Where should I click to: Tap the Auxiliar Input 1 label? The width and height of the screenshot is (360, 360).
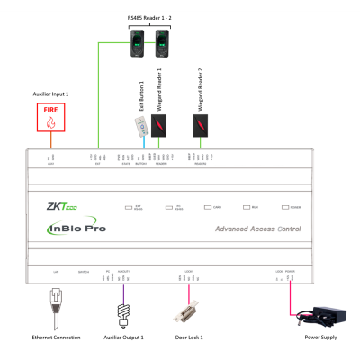tap(49, 93)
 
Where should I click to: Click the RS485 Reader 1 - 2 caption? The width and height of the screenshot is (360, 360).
tap(150, 17)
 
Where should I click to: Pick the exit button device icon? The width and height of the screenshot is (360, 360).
tap(140, 126)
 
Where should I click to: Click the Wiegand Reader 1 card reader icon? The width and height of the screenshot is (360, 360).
tap(159, 125)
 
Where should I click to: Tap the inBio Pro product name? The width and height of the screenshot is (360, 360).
tap(78, 229)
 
